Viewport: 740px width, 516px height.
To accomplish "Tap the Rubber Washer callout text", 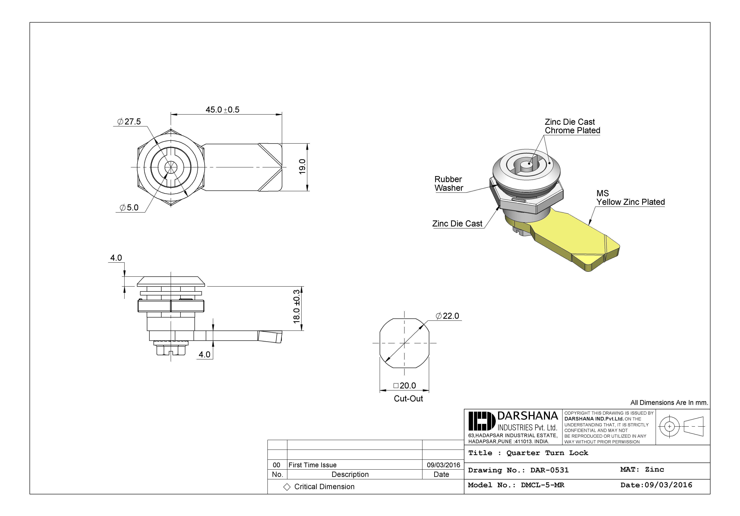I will point(448,184).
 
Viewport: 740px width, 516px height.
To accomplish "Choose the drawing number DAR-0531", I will point(550,470).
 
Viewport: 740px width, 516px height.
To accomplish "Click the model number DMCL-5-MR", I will point(542,485).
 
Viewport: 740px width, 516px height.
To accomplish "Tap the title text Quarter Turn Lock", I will point(547,453).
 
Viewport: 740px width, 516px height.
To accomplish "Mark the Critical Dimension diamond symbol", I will point(287,487).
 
